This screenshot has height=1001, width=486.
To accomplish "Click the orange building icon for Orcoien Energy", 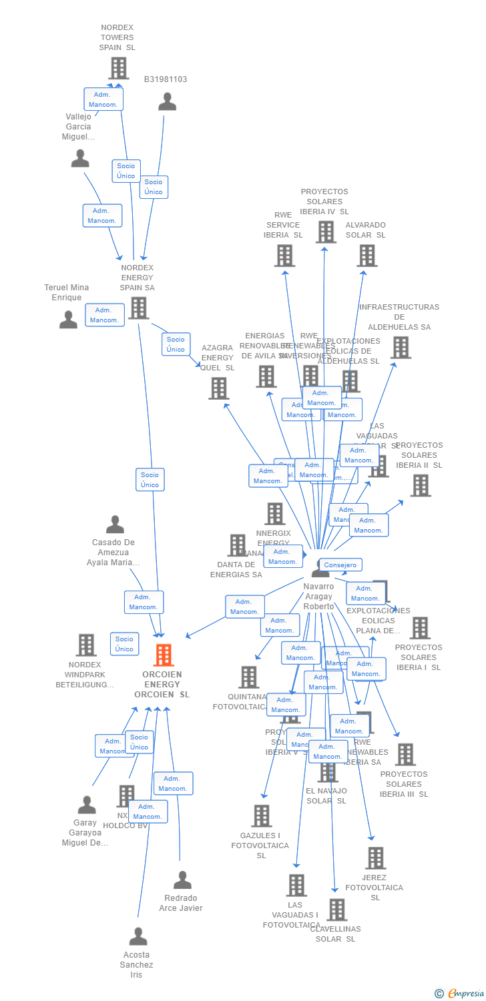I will (x=164, y=655).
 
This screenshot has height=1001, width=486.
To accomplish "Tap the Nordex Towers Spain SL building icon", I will (x=118, y=68).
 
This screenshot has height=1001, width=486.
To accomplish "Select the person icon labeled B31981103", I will (x=167, y=101).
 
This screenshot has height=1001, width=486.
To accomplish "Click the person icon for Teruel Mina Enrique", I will (x=68, y=320).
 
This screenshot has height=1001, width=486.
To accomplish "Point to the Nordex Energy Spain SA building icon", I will (x=139, y=308).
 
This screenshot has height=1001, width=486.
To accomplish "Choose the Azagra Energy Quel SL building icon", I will (x=219, y=388).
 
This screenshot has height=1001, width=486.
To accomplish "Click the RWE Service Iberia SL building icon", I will (x=284, y=256).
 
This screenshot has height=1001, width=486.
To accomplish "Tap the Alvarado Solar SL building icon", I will (x=367, y=256).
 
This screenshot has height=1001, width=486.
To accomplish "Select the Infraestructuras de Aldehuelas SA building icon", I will (x=401, y=347).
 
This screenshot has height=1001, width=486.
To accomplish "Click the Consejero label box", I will (x=340, y=565).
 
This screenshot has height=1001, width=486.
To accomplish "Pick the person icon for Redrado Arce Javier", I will (x=182, y=880).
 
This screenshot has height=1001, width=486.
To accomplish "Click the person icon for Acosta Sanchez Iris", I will (x=138, y=936).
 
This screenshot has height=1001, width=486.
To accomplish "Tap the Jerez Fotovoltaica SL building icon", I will (x=375, y=858).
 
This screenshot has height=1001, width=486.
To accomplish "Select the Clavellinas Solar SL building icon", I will (x=336, y=910).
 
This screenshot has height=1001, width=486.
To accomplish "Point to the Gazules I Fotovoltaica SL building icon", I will (x=261, y=815).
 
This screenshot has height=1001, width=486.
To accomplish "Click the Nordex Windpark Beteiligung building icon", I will (x=86, y=645).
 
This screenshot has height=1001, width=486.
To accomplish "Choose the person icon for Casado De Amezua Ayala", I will (x=115, y=525).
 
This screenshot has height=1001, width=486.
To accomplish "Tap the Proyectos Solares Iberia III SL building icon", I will (x=405, y=755).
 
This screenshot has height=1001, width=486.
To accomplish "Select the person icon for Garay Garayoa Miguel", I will (x=87, y=805).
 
